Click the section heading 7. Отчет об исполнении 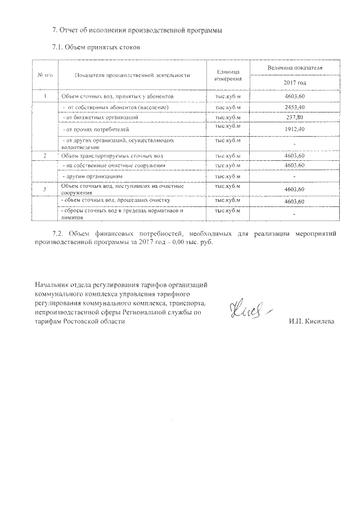133,30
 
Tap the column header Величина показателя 295,67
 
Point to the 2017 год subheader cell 295,83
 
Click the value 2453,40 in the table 295,107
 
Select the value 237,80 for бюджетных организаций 295,118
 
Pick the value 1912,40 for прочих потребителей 295,129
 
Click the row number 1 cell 44,97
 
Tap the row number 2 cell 44,155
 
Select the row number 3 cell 44,190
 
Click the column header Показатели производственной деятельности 132,75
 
